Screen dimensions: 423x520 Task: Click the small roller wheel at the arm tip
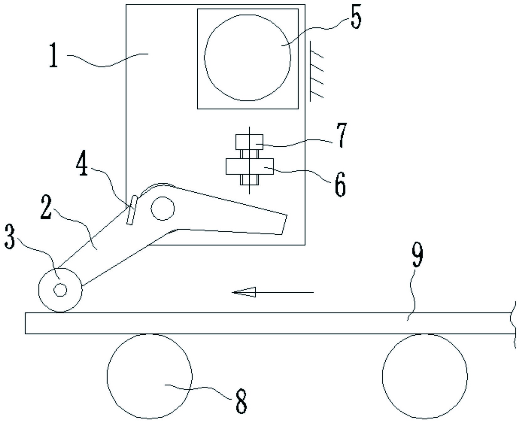pos(60,290)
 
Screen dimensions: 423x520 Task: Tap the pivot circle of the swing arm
pos(162,208)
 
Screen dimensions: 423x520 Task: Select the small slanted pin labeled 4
pos(132,210)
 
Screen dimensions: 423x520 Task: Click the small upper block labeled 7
pos(249,142)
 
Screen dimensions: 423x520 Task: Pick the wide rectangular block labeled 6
pos(250,166)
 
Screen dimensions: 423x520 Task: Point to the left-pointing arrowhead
pos(244,292)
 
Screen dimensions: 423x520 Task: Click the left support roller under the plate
pos(149,376)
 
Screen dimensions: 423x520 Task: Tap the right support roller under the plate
pos(425,376)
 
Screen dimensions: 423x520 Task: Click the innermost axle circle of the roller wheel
pos(60,290)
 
